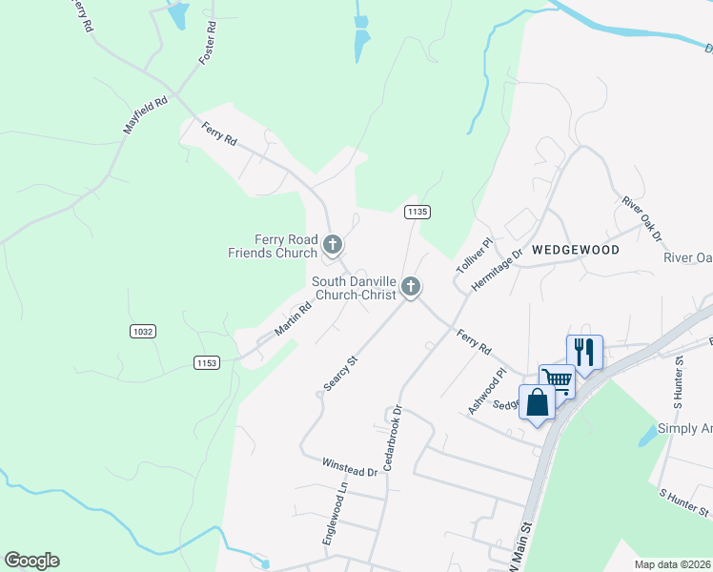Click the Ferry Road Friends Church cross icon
(333, 246)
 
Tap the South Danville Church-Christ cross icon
(411, 286)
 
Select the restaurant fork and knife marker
(584, 352)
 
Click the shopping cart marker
(557, 380)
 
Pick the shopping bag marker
(537, 401)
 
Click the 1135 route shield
(415, 211)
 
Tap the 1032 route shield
(142, 331)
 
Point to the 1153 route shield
(207, 362)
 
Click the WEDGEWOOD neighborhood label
(575, 250)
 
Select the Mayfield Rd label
(146, 114)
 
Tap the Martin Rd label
(294, 319)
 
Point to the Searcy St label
(339, 374)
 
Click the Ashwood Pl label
(483, 392)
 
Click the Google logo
(32, 561)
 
